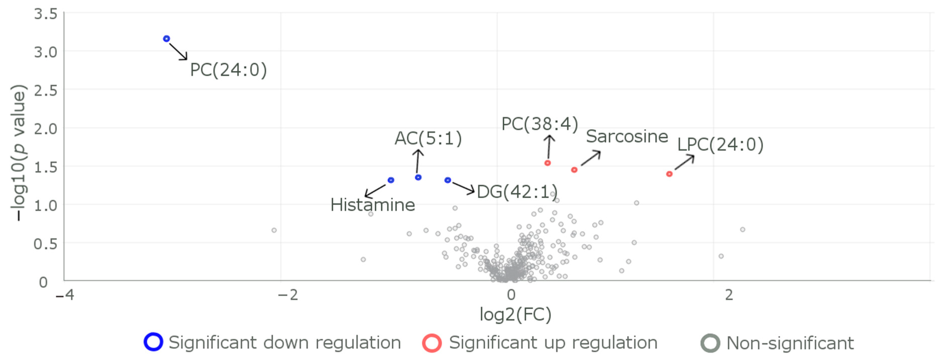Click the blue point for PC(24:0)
[166, 39]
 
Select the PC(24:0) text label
[228, 70]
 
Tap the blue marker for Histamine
[391, 180]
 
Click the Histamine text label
[373, 205]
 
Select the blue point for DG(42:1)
[448, 180]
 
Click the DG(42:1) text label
[517, 192]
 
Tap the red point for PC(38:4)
[547, 163]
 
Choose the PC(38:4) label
[540, 124]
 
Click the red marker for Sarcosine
[574, 170]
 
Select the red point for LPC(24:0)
[669, 174]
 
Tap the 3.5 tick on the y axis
[46, 14]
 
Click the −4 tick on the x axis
[65, 295]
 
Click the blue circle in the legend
[153, 342]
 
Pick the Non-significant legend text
[790, 343]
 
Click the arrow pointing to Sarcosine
[590, 159]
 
